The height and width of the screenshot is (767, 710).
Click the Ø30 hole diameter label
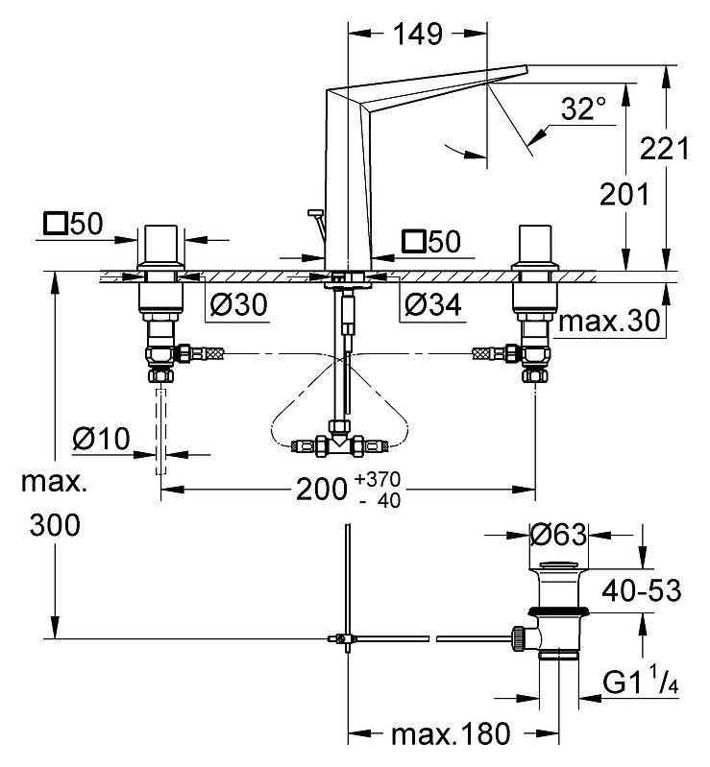[237, 305]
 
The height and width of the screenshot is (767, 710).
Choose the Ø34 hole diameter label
[429, 305]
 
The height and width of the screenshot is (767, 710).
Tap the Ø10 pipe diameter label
[102, 440]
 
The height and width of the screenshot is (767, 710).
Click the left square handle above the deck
[160, 247]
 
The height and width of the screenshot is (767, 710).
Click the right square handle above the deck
[533, 247]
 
